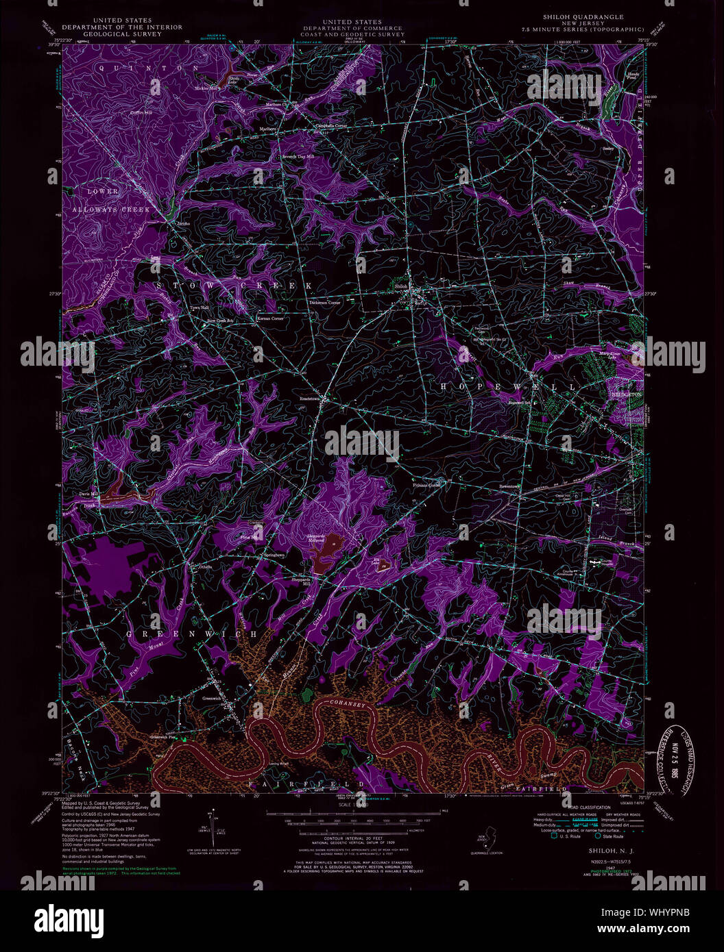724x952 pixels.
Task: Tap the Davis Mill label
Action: [x=88, y=493]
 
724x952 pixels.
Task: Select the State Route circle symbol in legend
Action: [x=597, y=836]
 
